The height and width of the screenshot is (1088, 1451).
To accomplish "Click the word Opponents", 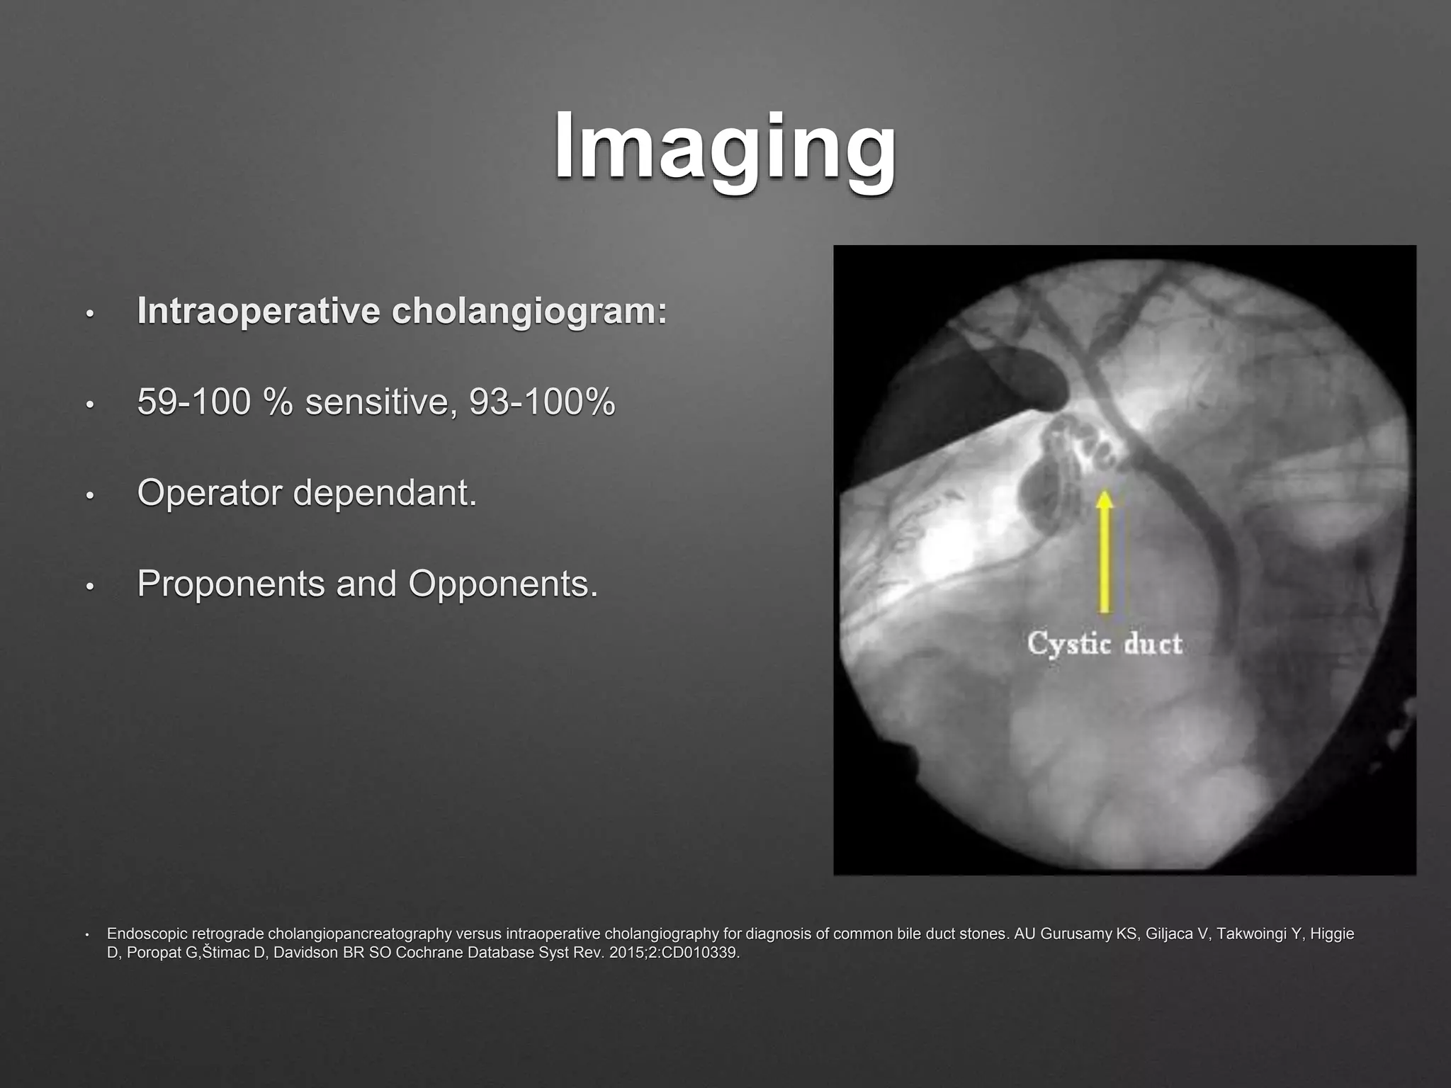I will tap(503, 584).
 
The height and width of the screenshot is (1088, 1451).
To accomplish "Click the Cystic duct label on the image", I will tap(1105, 644).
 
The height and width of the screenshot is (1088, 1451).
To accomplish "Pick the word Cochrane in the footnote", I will tap(426, 953).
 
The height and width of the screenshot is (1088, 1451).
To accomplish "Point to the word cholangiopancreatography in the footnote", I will tap(359, 934).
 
